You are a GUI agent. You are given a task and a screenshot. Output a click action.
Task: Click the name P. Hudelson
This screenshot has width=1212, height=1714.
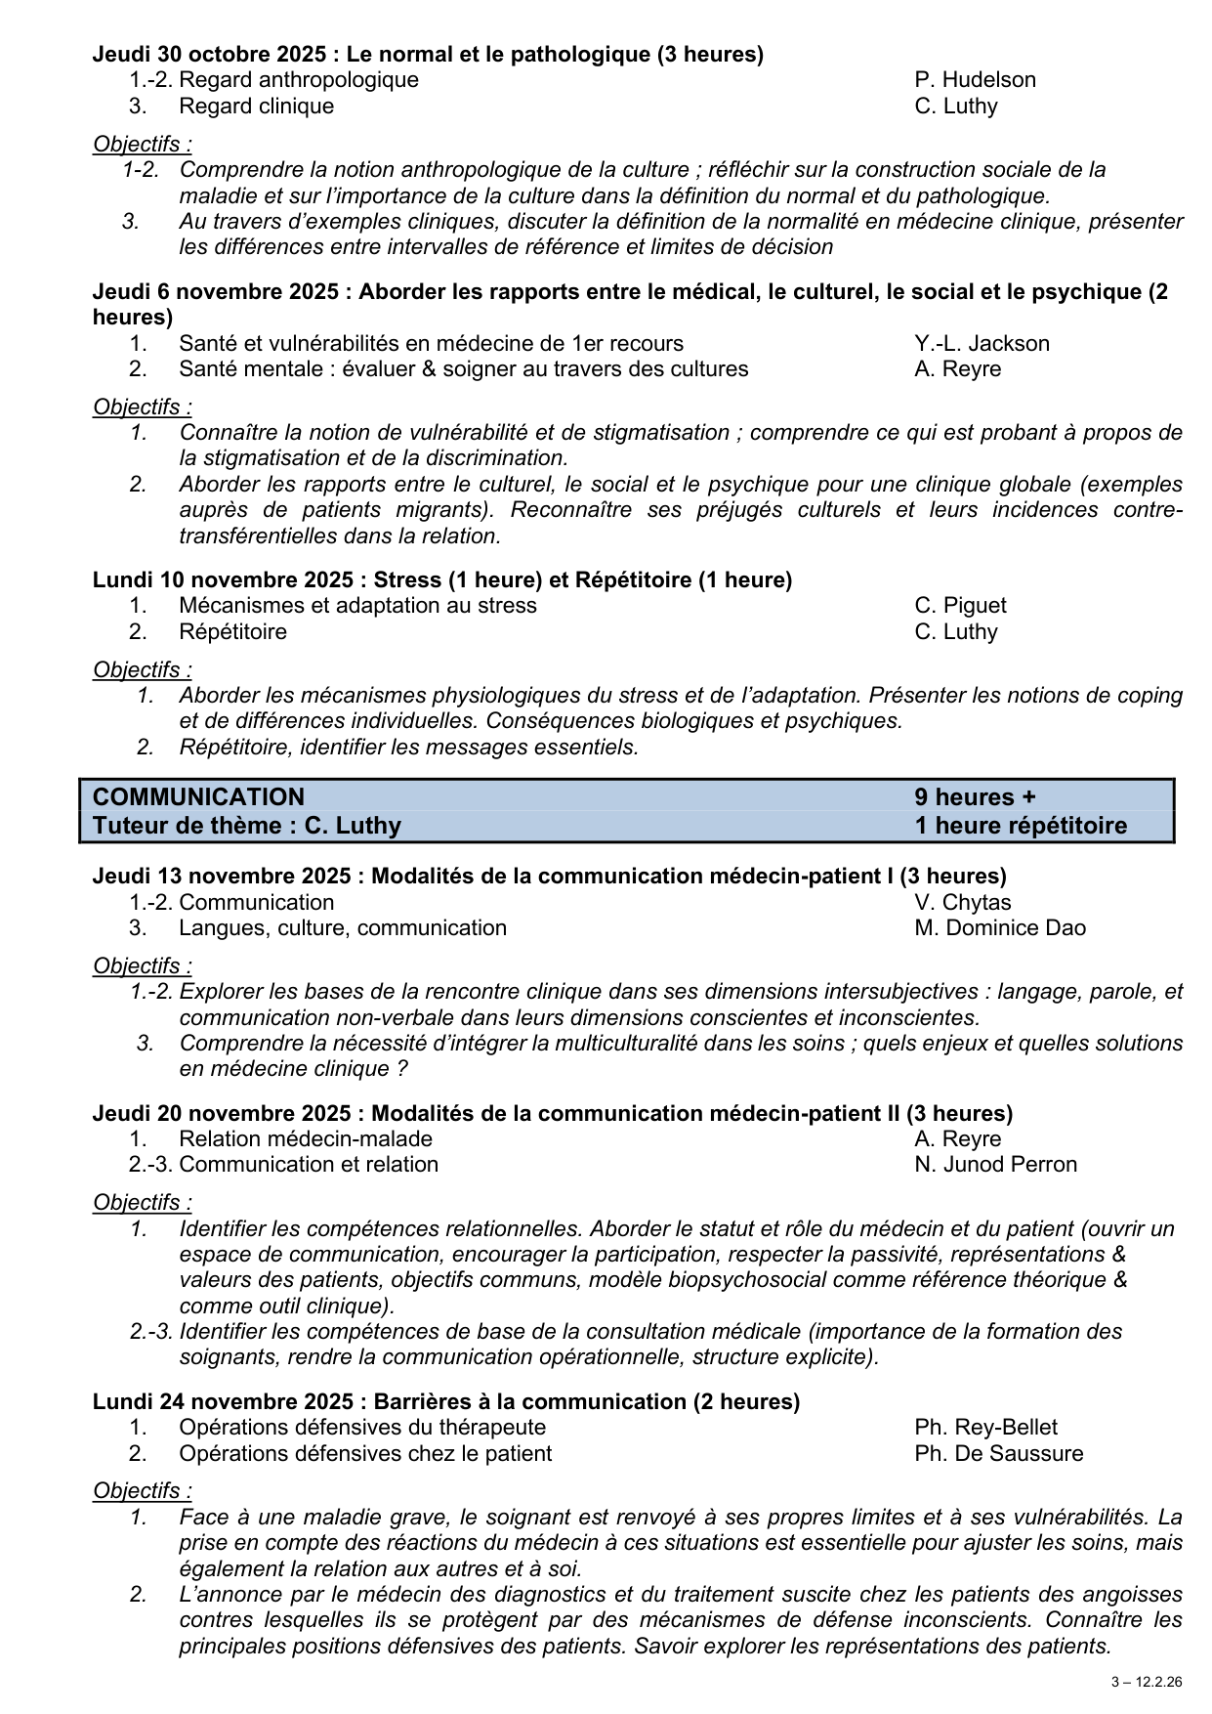975,80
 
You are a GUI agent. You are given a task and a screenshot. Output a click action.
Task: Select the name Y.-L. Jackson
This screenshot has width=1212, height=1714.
982,343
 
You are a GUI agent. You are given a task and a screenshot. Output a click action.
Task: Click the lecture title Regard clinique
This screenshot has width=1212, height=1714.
256,106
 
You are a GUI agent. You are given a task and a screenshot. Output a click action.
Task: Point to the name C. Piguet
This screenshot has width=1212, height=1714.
960,605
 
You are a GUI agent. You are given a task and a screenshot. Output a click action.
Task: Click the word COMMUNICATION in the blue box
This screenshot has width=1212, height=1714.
198,796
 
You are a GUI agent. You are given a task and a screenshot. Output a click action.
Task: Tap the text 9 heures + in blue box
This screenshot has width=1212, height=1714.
975,796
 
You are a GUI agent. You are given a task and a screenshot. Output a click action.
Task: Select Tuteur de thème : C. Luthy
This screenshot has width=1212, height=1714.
247,826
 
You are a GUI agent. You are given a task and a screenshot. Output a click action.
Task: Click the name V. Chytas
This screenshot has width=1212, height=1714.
962,902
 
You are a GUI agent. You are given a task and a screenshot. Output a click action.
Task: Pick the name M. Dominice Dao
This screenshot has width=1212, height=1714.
999,927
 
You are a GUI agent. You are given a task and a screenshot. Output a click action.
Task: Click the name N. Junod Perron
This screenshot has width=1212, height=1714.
995,1164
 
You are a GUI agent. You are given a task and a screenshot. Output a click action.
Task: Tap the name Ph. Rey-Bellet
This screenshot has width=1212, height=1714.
985,1428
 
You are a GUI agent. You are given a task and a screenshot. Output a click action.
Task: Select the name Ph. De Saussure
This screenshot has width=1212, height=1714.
998,1453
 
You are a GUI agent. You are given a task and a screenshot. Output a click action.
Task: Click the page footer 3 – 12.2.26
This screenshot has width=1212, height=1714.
1146,1682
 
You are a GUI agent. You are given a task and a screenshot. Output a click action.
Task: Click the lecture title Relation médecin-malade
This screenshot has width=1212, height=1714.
305,1138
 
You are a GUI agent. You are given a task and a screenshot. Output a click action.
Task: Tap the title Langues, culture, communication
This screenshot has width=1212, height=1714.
342,927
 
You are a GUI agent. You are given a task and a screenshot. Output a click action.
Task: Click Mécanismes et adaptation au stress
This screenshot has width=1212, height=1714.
357,605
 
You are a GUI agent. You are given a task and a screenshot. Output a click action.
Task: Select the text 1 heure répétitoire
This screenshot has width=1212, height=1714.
1020,826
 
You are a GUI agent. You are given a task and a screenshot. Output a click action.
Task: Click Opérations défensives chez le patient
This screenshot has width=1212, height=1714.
364,1453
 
